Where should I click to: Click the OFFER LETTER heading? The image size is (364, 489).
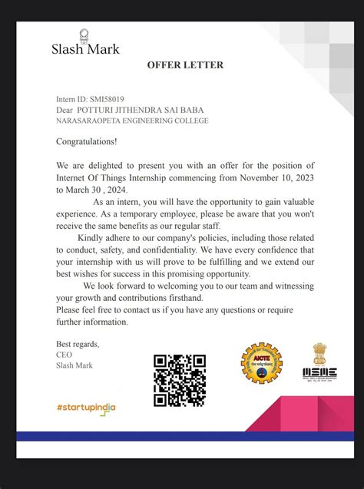click(185, 65)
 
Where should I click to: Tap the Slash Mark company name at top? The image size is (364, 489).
click(85, 48)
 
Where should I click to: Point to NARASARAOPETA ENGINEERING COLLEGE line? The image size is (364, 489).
click(132, 121)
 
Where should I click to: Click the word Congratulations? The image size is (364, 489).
click(87, 142)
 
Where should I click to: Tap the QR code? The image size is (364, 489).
click(180, 380)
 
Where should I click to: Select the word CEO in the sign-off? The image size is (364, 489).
click(64, 355)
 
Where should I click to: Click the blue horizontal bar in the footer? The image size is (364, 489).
click(185, 436)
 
